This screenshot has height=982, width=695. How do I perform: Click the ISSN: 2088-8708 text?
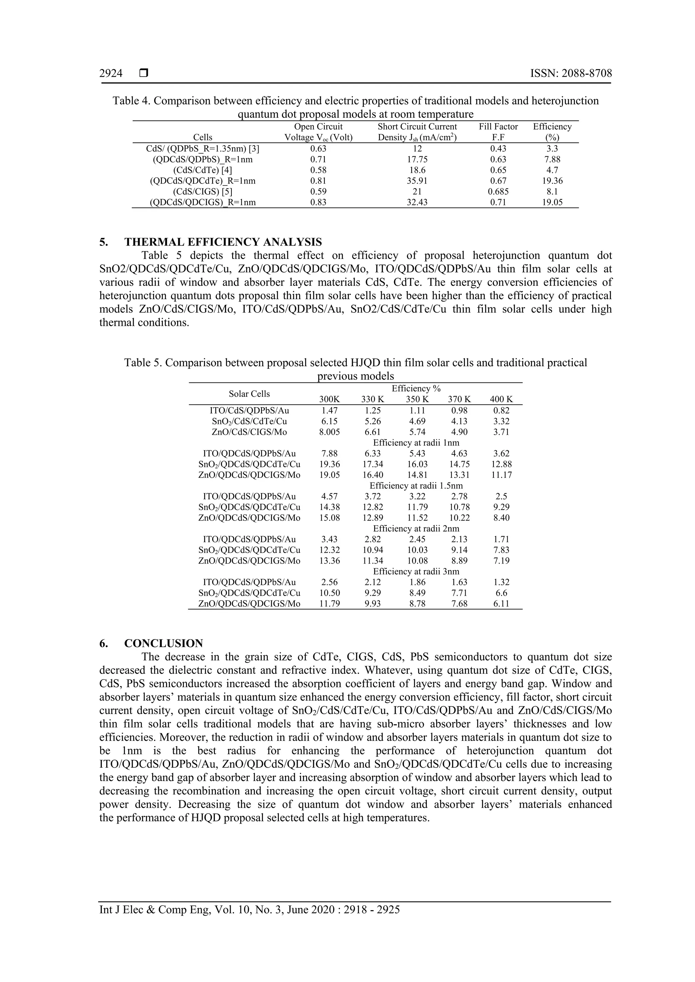point(570,74)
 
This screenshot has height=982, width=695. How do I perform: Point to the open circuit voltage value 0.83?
point(318,202)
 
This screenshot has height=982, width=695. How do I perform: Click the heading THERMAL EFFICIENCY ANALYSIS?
point(223,242)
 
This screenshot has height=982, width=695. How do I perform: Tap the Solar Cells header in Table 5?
point(249,394)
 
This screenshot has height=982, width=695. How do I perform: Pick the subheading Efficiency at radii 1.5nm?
point(416,486)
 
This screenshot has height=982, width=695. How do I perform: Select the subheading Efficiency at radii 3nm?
point(416,571)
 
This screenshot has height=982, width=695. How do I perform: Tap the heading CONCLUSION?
point(164,643)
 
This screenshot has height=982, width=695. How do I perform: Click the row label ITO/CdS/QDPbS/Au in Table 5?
point(249,411)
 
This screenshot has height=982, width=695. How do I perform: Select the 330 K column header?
point(372,399)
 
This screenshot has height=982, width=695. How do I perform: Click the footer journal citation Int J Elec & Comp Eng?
point(249,910)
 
